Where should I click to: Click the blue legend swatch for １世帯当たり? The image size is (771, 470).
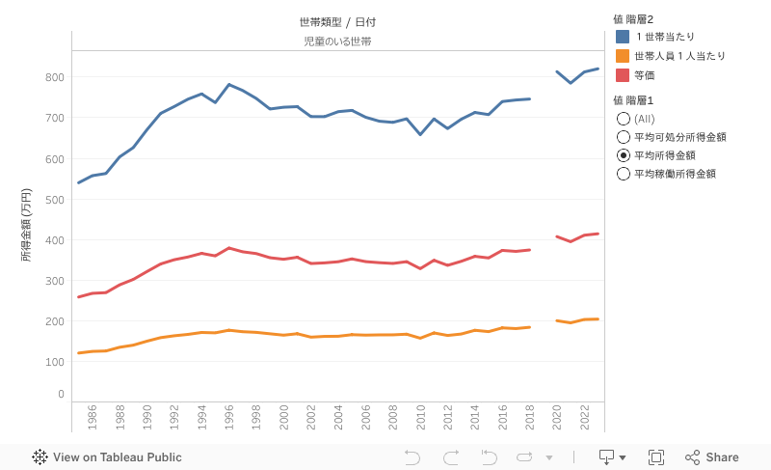click(x=623, y=37)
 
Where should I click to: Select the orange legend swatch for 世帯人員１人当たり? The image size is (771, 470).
click(x=623, y=56)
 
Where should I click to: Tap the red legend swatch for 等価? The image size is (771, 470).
click(x=623, y=75)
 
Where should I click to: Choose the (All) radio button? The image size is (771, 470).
click(x=623, y=119)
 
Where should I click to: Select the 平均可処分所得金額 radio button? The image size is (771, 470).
click(x=623, y=137)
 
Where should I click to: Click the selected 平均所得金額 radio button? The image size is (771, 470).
click(x=623, y=155)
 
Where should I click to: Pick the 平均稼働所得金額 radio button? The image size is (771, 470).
click(x=623, y=174)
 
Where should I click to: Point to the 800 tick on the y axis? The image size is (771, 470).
click(x=54, y=77)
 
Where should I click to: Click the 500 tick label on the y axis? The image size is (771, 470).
click(x=54, y=200)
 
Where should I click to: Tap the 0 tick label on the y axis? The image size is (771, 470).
click(x=60, y=395)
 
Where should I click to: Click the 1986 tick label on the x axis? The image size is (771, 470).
click(x=93, y=416)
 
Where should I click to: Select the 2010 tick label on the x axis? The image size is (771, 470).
click(x=421, y=416)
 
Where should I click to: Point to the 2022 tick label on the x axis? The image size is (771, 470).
click(x=585, y=416)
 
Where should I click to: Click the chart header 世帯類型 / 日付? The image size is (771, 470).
click(x=337, y=22)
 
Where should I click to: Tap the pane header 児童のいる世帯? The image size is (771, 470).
click(x=337, y=41)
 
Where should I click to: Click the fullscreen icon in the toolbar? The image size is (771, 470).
click(x=656, y=457)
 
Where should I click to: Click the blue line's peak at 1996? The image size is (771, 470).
click(x=228, y=85)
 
